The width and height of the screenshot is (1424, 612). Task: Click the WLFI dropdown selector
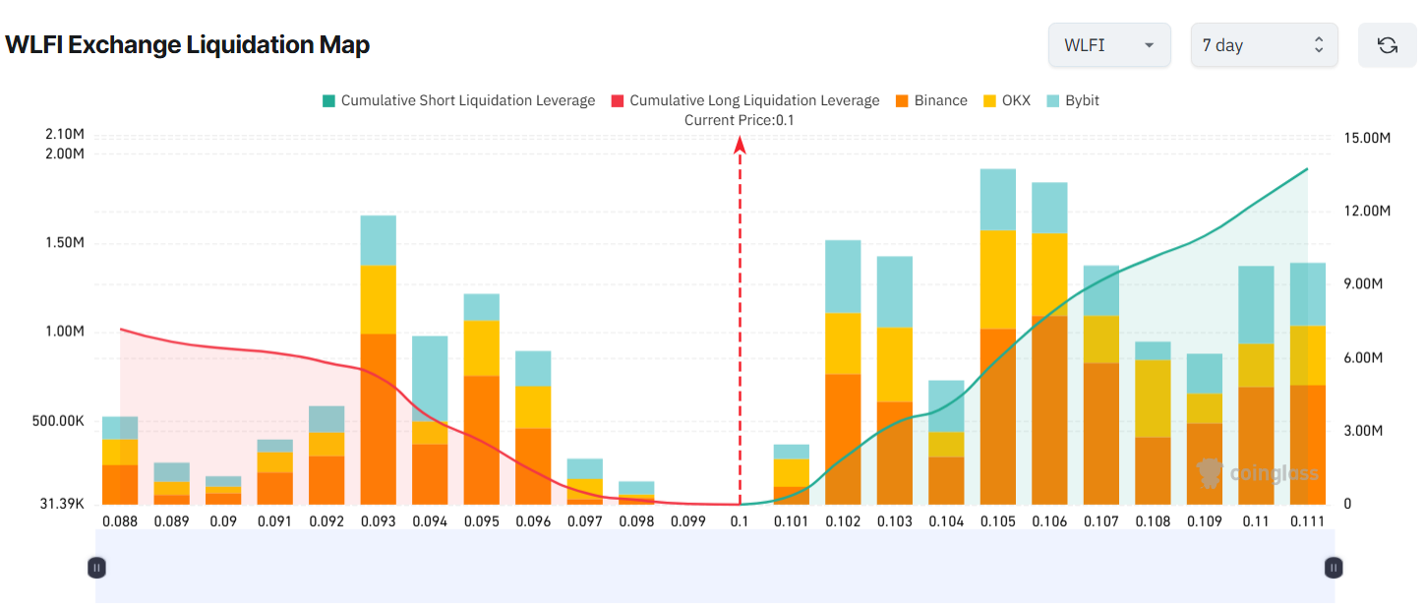[1108, 45]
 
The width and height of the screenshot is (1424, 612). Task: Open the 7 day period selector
[1264, 45]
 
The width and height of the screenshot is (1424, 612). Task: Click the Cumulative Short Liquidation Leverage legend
[458, 100]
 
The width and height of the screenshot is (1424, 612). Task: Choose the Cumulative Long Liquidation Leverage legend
[745, 100]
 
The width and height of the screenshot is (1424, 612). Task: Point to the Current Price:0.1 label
[739, 120]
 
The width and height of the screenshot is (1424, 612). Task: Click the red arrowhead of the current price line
[740, 145]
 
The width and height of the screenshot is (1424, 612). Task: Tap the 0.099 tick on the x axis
[687, 521]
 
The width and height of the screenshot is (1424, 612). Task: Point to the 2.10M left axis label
[65, 134]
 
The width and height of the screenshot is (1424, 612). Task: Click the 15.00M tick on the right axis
[1366, 139]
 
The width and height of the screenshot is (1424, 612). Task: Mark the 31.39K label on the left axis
[62, 504]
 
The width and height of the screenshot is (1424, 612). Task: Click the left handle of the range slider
[96, 567]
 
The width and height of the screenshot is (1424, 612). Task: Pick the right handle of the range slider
[1334, 567]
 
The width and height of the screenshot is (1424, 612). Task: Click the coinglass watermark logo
[1258, 473]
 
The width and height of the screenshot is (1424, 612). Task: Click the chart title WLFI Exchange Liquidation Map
[187, 45]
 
